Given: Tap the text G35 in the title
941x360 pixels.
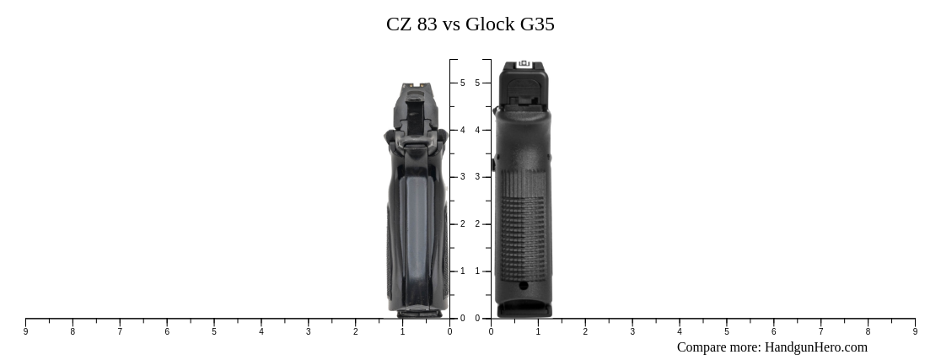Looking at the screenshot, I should pyautogui.click(x=536, y=24).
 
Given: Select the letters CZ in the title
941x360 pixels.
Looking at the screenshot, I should pyautogui.click(x=399, y=24).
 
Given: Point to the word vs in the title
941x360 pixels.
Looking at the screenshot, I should pyautogui.click(x=452, y=24).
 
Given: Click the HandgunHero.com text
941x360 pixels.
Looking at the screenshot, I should pyautogui.click(x=815, y=347).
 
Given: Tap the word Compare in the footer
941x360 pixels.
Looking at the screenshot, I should pyautogui.click(x=704, y=347).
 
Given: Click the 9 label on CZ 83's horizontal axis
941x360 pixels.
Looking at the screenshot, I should pyautogui.click(x=25, y=332).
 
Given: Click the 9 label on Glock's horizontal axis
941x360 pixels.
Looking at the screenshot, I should pyautogui.click(x=915, y=332).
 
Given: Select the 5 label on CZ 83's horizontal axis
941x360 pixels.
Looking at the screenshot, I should pyautogui.click(x=214, y=332).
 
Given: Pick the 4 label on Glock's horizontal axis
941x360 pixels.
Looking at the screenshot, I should pyautogui.click(x=680, y=332).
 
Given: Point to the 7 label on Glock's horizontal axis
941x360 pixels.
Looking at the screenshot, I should pyautogui.click(x=820, y=332).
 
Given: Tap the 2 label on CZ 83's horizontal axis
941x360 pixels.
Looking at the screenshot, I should pyautogui.click(x=355, y=332).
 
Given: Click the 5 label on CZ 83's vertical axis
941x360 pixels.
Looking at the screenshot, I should pyautogui.click(x=462, y=83).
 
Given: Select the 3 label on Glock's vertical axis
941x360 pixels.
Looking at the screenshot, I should pyautogui.click(x=477, y=177).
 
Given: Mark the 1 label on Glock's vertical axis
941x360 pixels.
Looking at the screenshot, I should pyautogui.click(x=477, y=271).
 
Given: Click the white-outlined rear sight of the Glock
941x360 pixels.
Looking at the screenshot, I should pyautogui.click(x=524, y=64).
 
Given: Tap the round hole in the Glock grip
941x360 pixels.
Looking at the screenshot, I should pyautogui.click(x=524, y=286).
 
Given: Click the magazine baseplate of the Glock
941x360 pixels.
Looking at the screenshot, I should pyautogui.click(x=524, y=310).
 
